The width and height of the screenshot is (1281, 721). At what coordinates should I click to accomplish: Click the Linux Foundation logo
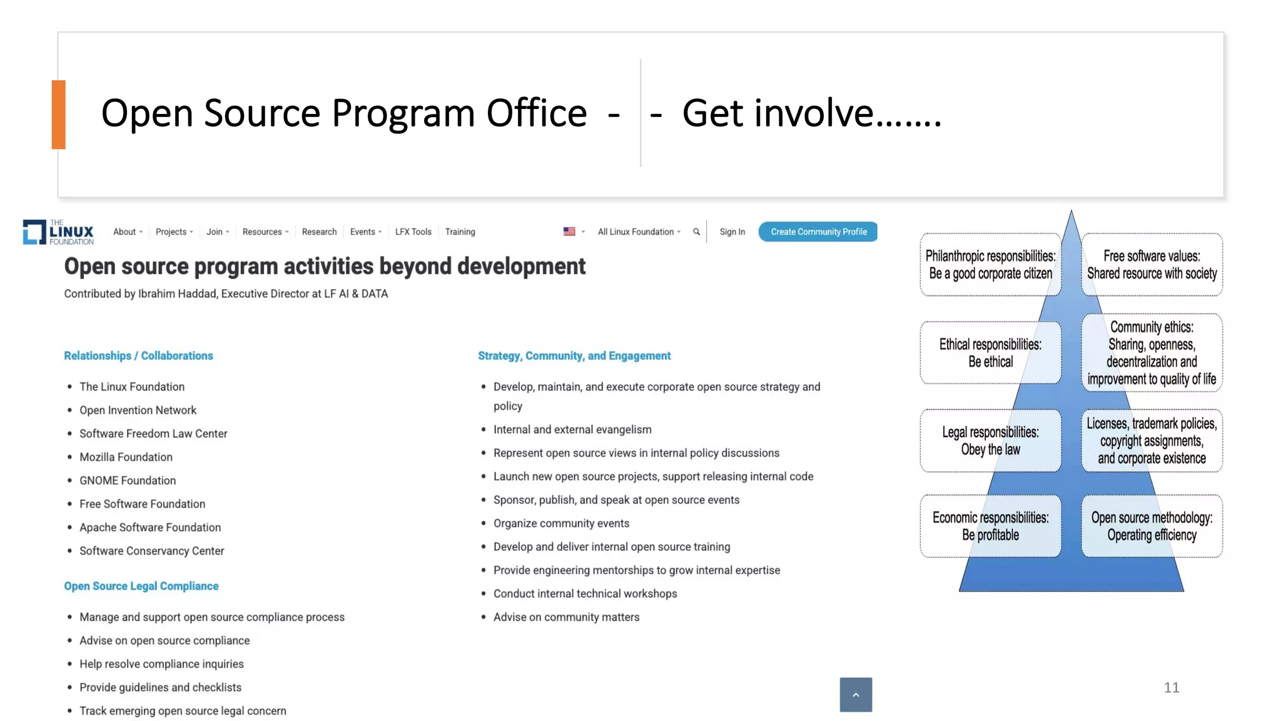point(58,232)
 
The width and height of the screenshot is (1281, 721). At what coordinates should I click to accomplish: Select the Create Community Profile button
point(818,232)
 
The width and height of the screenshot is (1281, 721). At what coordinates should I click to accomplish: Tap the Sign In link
point(732,232)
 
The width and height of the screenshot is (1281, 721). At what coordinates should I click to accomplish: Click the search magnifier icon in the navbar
point(696,232)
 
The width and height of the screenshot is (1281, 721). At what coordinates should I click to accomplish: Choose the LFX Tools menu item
point(413,232)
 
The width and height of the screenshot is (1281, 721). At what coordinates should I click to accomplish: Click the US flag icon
point(569,232)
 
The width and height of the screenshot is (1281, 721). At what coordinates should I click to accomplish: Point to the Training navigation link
point(460,232)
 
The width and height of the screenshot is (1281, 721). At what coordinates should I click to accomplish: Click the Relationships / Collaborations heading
point(138,355)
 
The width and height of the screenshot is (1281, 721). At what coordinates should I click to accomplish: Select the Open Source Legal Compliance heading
point(141,586)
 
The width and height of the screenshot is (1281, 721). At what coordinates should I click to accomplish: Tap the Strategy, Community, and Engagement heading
point(574,355)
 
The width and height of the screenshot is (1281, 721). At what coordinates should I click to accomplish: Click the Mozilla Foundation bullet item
point(126,457)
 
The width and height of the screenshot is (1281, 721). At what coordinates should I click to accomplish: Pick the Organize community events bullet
point(561,523)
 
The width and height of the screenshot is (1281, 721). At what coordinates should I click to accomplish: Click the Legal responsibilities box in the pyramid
point(990,441)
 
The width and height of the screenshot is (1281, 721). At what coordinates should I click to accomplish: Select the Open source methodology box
point(1152,526)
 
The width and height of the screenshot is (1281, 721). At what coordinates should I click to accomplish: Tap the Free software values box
point(1152,265)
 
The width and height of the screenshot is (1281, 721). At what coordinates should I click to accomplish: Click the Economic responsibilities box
point(990,526)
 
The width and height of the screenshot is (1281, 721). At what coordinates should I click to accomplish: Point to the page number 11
point(1172,687)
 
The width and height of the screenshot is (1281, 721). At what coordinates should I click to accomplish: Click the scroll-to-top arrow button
point(856,695)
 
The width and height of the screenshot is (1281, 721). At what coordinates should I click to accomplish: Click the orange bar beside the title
point(59,115)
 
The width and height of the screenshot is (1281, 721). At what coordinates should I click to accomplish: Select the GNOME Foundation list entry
point(128,481)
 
